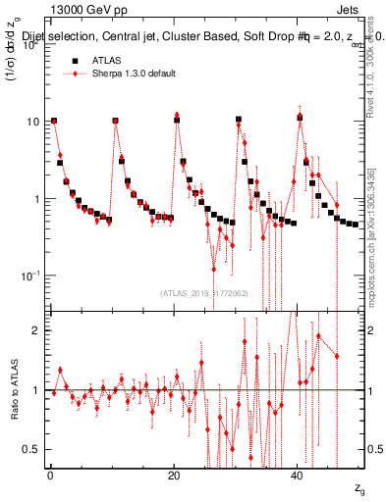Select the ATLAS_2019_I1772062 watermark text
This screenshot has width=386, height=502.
coord(204,292)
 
